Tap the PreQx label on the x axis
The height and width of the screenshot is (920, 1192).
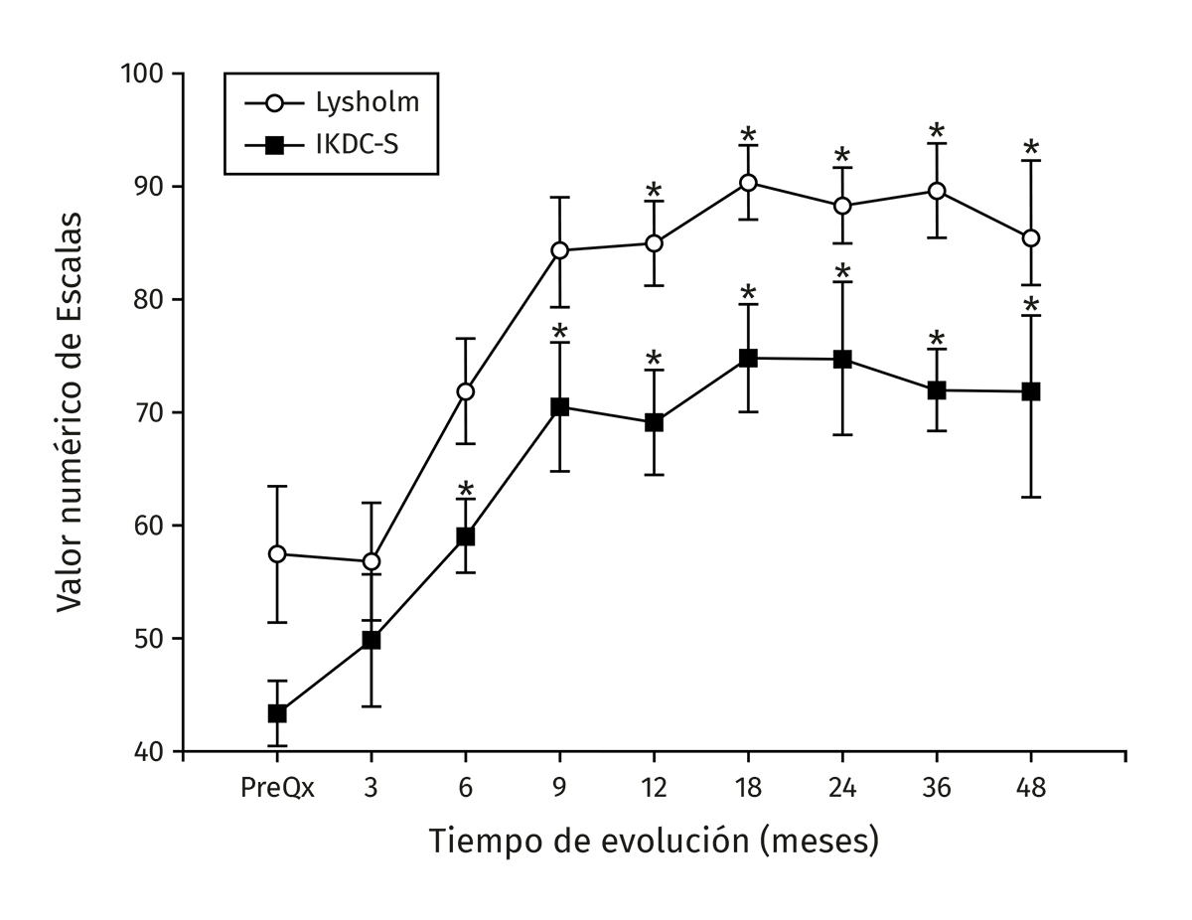[x=277, y=788]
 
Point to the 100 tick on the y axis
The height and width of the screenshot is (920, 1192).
[x=145, y=75]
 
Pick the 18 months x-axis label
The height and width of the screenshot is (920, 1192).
[x=748, y=788]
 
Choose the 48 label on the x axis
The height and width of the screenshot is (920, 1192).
[x=1030, y=788]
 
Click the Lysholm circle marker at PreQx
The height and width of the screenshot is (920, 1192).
[x=277, y=553]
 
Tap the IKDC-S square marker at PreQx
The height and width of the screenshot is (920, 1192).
[x=277, y=713]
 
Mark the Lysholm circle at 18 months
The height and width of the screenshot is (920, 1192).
[x=748, y=183]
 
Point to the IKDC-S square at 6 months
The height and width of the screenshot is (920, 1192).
[x=465, y=537]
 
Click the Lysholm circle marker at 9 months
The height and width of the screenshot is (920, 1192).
[x=559, y=250]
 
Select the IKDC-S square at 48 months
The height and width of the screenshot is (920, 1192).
[x=1030, y=391]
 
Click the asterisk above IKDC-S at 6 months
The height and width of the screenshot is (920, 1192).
[x=465, y=490]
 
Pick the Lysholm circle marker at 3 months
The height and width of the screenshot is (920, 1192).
[x=372, y=561]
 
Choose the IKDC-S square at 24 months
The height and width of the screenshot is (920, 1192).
[x=842, y=359]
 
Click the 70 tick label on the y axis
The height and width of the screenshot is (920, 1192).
[x=151, y=412]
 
